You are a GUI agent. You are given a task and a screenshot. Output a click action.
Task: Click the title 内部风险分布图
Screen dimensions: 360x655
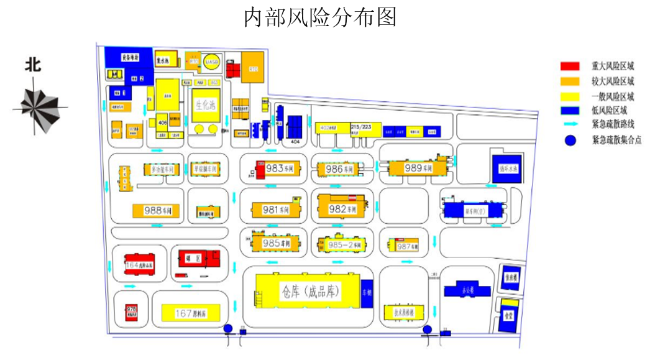[319, 17]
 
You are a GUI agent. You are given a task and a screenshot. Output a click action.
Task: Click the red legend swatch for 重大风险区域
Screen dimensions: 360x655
[570, 67]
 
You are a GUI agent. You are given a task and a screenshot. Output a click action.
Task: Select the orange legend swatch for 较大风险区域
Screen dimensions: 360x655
[570, 81]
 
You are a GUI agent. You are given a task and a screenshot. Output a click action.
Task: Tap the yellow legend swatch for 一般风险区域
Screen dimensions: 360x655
[570, 96]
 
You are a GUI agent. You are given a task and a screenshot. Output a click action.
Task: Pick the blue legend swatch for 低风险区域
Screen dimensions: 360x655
[570, 111]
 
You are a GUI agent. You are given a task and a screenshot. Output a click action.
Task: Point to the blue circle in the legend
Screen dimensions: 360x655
[570, 141]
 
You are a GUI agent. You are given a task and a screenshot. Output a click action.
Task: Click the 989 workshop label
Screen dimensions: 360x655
[418, 168]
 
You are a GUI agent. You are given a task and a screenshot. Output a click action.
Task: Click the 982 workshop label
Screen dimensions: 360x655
[342, 209]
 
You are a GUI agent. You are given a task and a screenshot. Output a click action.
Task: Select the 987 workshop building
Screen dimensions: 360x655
[405, 246]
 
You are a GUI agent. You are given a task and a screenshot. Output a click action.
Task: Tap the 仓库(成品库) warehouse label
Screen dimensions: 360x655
[309, 292]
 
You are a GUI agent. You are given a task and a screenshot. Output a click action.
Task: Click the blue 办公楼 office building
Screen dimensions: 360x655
[469, 290]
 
